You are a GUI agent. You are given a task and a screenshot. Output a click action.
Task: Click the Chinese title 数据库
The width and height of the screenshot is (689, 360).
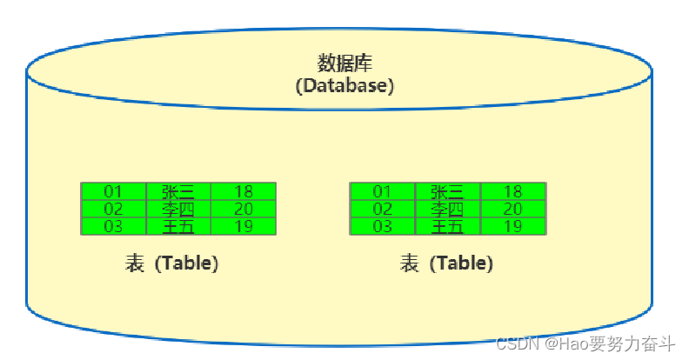[344, 64]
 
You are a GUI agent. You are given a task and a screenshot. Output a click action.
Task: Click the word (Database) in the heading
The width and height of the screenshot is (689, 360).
[344, 86]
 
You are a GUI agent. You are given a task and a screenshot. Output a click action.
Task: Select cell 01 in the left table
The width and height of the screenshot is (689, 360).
[114, 191]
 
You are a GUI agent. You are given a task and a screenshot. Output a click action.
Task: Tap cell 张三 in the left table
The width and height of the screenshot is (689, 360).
[178, 191]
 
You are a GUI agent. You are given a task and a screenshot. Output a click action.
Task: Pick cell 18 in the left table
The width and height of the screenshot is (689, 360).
[244, 191]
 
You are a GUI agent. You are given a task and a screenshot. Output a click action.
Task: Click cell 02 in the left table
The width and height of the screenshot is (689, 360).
[114, 209]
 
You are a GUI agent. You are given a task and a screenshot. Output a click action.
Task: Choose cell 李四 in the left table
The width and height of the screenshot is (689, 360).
[178, 209]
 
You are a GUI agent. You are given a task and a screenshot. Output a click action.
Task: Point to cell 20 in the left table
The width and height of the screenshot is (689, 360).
[244, 209]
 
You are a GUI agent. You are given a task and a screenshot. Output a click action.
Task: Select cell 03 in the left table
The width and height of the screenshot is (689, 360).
[114, 226]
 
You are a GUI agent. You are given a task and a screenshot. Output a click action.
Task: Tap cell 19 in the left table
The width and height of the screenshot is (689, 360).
[244, 226]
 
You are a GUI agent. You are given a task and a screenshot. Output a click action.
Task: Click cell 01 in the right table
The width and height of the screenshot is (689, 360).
[383, 191]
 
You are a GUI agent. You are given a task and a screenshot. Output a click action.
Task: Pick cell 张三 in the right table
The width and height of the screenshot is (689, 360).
[448, 191]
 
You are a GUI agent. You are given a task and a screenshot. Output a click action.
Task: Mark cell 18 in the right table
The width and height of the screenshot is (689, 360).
[513, 191]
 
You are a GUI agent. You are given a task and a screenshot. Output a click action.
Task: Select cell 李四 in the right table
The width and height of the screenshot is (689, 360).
[448, 209]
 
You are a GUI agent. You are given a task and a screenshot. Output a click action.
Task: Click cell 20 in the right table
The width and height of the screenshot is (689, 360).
[513, 209]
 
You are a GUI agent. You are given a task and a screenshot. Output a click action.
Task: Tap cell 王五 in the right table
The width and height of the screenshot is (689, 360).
[448, 226]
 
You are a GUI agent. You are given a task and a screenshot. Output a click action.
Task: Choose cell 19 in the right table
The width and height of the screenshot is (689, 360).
[513, 226]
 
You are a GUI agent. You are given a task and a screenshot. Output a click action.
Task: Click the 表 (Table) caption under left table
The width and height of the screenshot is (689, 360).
[172, 263]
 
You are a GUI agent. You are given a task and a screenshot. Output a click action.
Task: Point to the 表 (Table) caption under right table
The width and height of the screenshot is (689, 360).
[446, 263]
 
